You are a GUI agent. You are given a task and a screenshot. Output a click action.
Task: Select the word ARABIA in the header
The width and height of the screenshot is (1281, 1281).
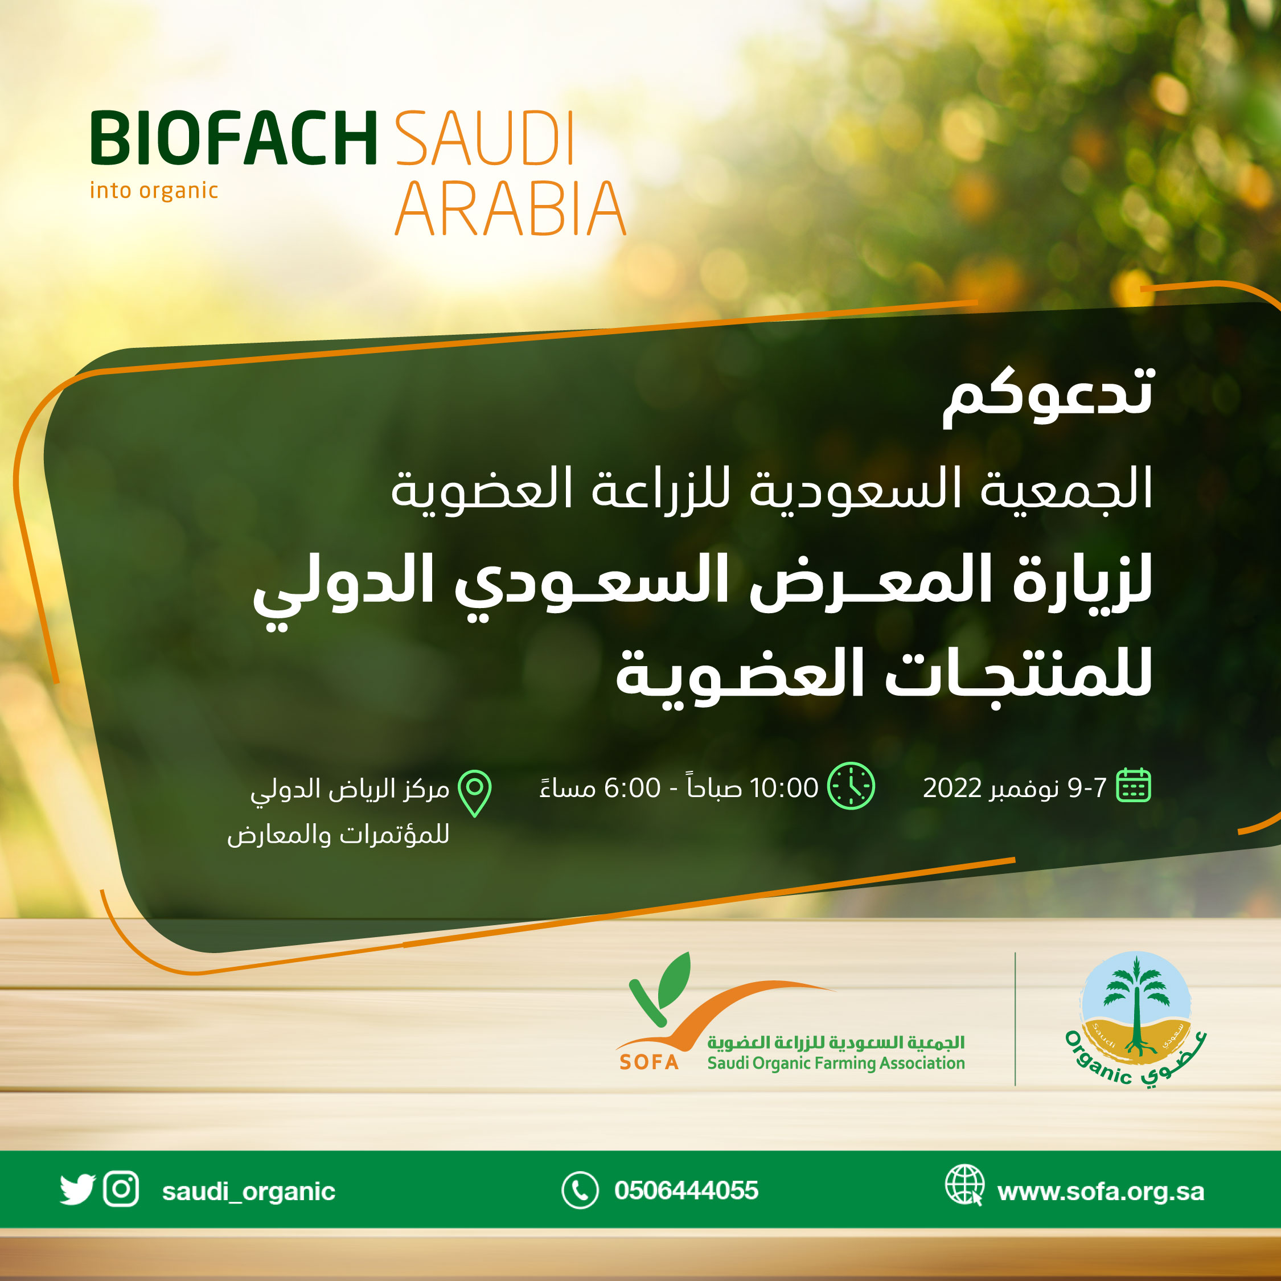coord(511,209)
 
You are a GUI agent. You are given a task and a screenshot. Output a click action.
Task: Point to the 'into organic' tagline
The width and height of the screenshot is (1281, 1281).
coord(154,191)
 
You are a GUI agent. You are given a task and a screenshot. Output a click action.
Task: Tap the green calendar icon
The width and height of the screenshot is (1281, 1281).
coord(1134,786)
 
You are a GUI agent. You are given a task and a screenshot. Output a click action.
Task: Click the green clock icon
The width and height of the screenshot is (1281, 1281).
coord(851,786)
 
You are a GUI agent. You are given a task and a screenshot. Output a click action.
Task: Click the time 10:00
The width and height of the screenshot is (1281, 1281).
coord(784,789)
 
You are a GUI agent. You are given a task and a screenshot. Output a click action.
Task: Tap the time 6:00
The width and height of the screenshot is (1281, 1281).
coord(632,789)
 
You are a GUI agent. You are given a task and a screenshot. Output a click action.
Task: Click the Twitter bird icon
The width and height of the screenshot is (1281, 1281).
coord(77,1190)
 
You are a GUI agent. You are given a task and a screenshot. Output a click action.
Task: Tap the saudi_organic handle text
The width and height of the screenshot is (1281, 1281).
coord(249,1192)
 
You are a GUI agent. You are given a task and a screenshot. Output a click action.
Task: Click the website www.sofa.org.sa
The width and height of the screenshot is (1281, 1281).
coord(1101,1192)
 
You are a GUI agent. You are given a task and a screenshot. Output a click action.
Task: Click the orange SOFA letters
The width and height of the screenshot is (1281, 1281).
coord(649,1063)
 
